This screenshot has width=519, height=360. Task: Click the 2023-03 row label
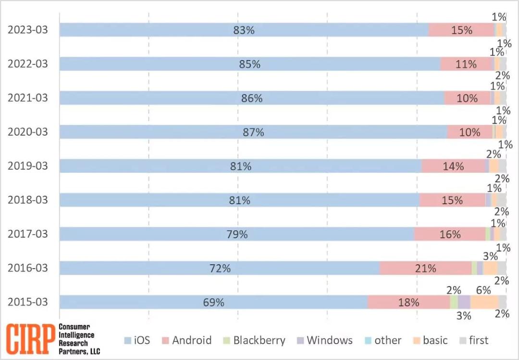point(28,30)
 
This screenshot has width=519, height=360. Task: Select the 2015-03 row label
point(28,302)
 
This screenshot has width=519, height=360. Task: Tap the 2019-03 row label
point(28,166)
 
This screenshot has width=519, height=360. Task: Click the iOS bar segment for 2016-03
point(220,268)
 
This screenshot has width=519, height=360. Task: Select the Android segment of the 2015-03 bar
point(409,302)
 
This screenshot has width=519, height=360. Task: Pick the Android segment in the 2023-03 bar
point(461,30)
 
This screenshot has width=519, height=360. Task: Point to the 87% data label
point(254,132)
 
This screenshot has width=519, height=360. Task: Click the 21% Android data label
point(426,268)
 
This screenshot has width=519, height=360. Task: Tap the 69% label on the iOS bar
point(213,302)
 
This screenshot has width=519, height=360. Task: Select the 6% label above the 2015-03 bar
point(483,290)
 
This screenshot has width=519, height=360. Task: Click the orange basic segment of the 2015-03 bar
point(484,302)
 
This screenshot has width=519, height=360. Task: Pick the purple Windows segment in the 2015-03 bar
point(464,302)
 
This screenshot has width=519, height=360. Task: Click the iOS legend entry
point(137,340)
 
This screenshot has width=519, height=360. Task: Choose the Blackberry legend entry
point(254,340)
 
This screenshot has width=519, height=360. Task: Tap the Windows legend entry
point(325,340)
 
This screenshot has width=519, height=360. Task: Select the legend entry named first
point(474,340)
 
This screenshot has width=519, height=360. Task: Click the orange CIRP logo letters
point(30,339)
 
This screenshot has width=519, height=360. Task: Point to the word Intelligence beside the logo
point(76,335)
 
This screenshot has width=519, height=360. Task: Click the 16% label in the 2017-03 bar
point(450,234)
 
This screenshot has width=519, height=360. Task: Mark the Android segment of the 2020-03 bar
point(470,132)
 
